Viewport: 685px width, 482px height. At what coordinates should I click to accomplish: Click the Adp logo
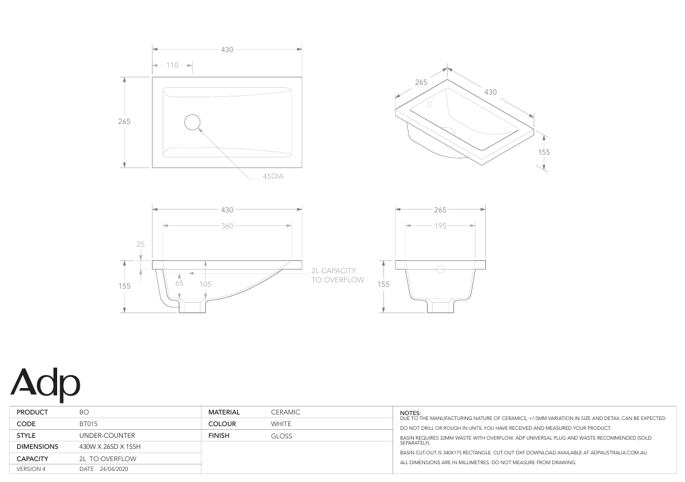45,384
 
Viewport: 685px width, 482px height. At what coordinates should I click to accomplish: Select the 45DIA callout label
273,176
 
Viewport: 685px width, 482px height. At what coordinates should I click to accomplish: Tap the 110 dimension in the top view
173,65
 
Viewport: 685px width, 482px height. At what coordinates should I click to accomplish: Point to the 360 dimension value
227,226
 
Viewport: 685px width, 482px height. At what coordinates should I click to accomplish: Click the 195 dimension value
440,226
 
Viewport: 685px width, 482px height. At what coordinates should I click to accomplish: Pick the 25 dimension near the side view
141,244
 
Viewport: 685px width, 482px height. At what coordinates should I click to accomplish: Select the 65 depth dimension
179,283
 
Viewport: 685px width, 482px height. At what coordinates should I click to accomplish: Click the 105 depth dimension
205,284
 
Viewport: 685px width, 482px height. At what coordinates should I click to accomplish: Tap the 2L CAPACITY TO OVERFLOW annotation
338,275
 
